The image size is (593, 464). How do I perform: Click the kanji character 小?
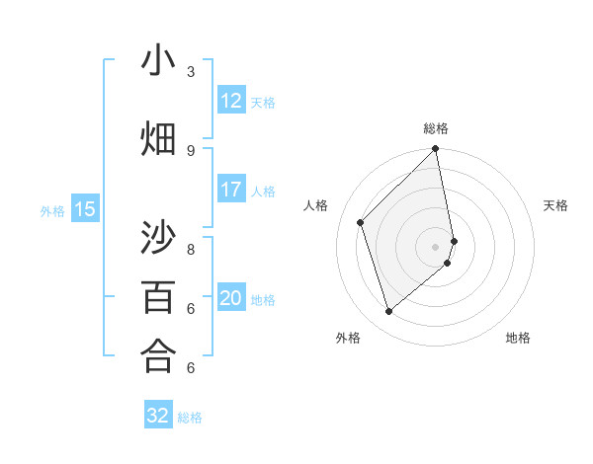click(x=158, y=61)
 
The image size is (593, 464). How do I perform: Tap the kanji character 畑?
click(x=158, y=139)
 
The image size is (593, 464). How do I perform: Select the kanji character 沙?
click(x=158, y=238)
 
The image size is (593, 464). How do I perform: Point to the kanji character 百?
click(x=158, y=296)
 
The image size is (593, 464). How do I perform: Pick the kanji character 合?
click(x=158, y=355)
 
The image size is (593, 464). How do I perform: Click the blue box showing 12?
click(x=231, y=101)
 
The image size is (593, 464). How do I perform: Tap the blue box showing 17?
click(x=231, y=190)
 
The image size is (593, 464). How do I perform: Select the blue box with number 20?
click(x=231, y=298)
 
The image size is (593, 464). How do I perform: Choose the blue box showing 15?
click(x=85, y=209)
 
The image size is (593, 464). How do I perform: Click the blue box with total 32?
click(x=158, y=416)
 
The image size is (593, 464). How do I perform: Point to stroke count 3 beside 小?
click(x=191, y=71)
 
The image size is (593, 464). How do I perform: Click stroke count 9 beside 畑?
click(x=191, y=150)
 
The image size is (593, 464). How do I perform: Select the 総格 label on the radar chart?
click(x=436, y=128)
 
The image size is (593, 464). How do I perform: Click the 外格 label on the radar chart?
click(x=348, y=338)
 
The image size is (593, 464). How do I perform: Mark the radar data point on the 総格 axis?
click(x=436, y=150)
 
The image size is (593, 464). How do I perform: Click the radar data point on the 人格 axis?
click(x=361, y=222)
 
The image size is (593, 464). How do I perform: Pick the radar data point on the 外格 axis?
click(x=388, y=312)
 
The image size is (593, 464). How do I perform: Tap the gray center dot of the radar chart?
click(x=436, y=246)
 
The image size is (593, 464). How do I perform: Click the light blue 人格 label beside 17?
click(x=263, y=191)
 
